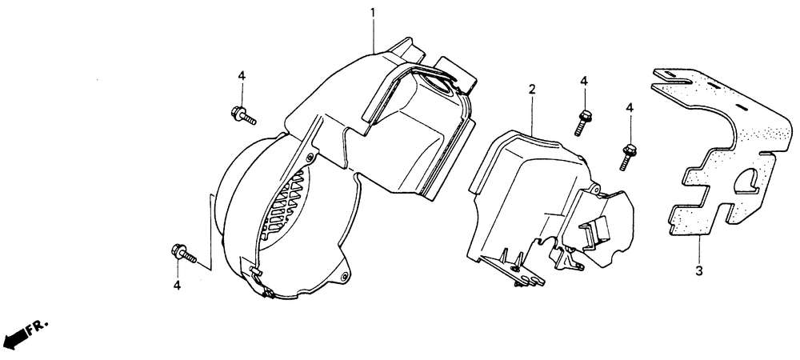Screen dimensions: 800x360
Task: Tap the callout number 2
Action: pos(530,90)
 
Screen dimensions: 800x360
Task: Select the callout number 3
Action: pos(698,270)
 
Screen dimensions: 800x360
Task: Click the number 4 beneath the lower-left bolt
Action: pos(178,285)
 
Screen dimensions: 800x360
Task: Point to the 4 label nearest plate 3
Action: pos(629,107)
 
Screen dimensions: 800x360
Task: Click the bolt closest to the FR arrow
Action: pos(183,254)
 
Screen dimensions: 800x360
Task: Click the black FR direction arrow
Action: pos(17,337)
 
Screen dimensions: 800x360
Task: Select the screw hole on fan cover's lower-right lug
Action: pos(343,278)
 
